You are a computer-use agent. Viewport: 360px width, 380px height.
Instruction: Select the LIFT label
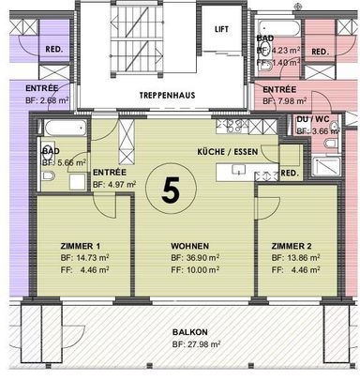tap(222, 30)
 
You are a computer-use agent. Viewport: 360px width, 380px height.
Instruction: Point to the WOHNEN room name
tap(189, 246)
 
